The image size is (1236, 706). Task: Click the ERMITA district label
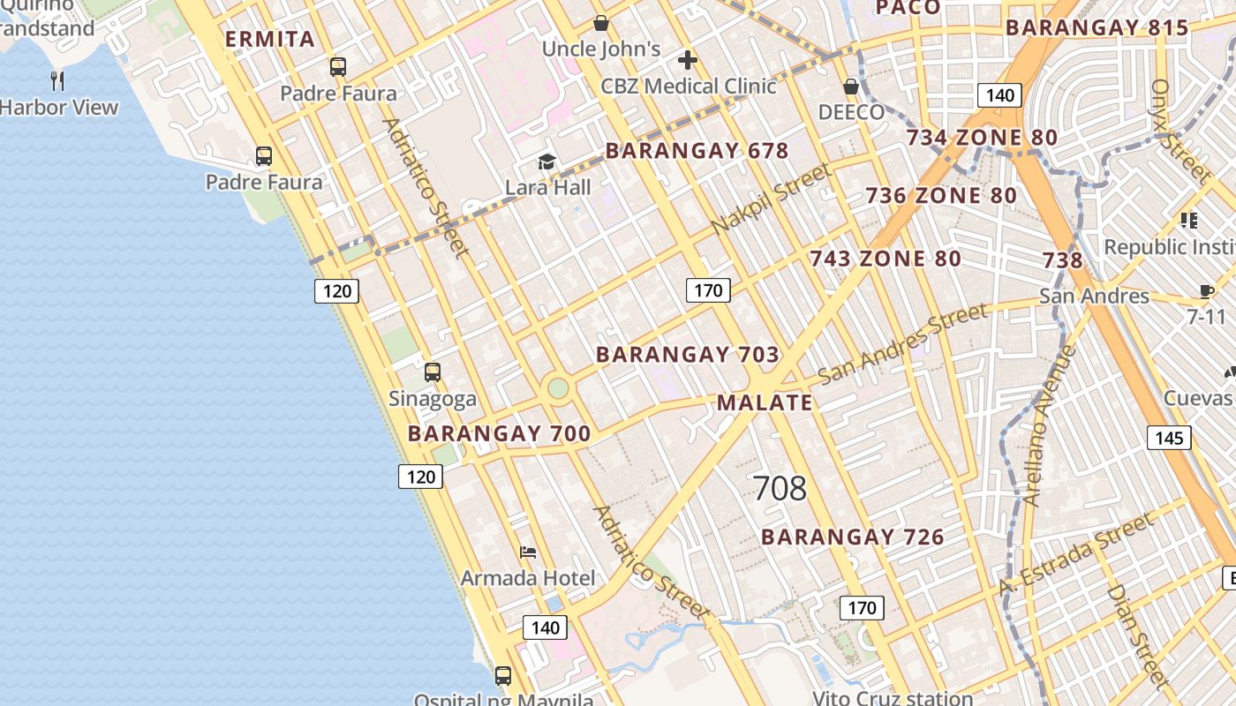270,40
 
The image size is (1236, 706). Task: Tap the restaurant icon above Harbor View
57,81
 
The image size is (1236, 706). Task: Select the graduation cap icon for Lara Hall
547,161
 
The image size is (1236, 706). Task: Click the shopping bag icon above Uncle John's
600,23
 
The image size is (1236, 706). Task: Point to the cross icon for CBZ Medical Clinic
688,60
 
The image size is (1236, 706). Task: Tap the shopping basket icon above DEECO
851,86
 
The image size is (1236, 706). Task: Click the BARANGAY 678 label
697,151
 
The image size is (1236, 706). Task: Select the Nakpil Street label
772,199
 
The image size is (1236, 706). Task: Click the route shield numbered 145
1169,438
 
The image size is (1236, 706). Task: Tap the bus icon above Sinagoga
433,372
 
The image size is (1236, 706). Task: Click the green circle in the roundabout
558,387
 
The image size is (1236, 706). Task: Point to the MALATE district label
764,403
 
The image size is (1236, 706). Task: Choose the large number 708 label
780,488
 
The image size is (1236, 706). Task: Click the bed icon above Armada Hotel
528,552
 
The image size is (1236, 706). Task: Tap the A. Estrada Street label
1077,554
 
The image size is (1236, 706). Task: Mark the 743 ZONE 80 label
886,259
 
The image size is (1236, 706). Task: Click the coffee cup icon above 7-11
1206,290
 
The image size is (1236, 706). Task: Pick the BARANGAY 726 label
852,537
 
